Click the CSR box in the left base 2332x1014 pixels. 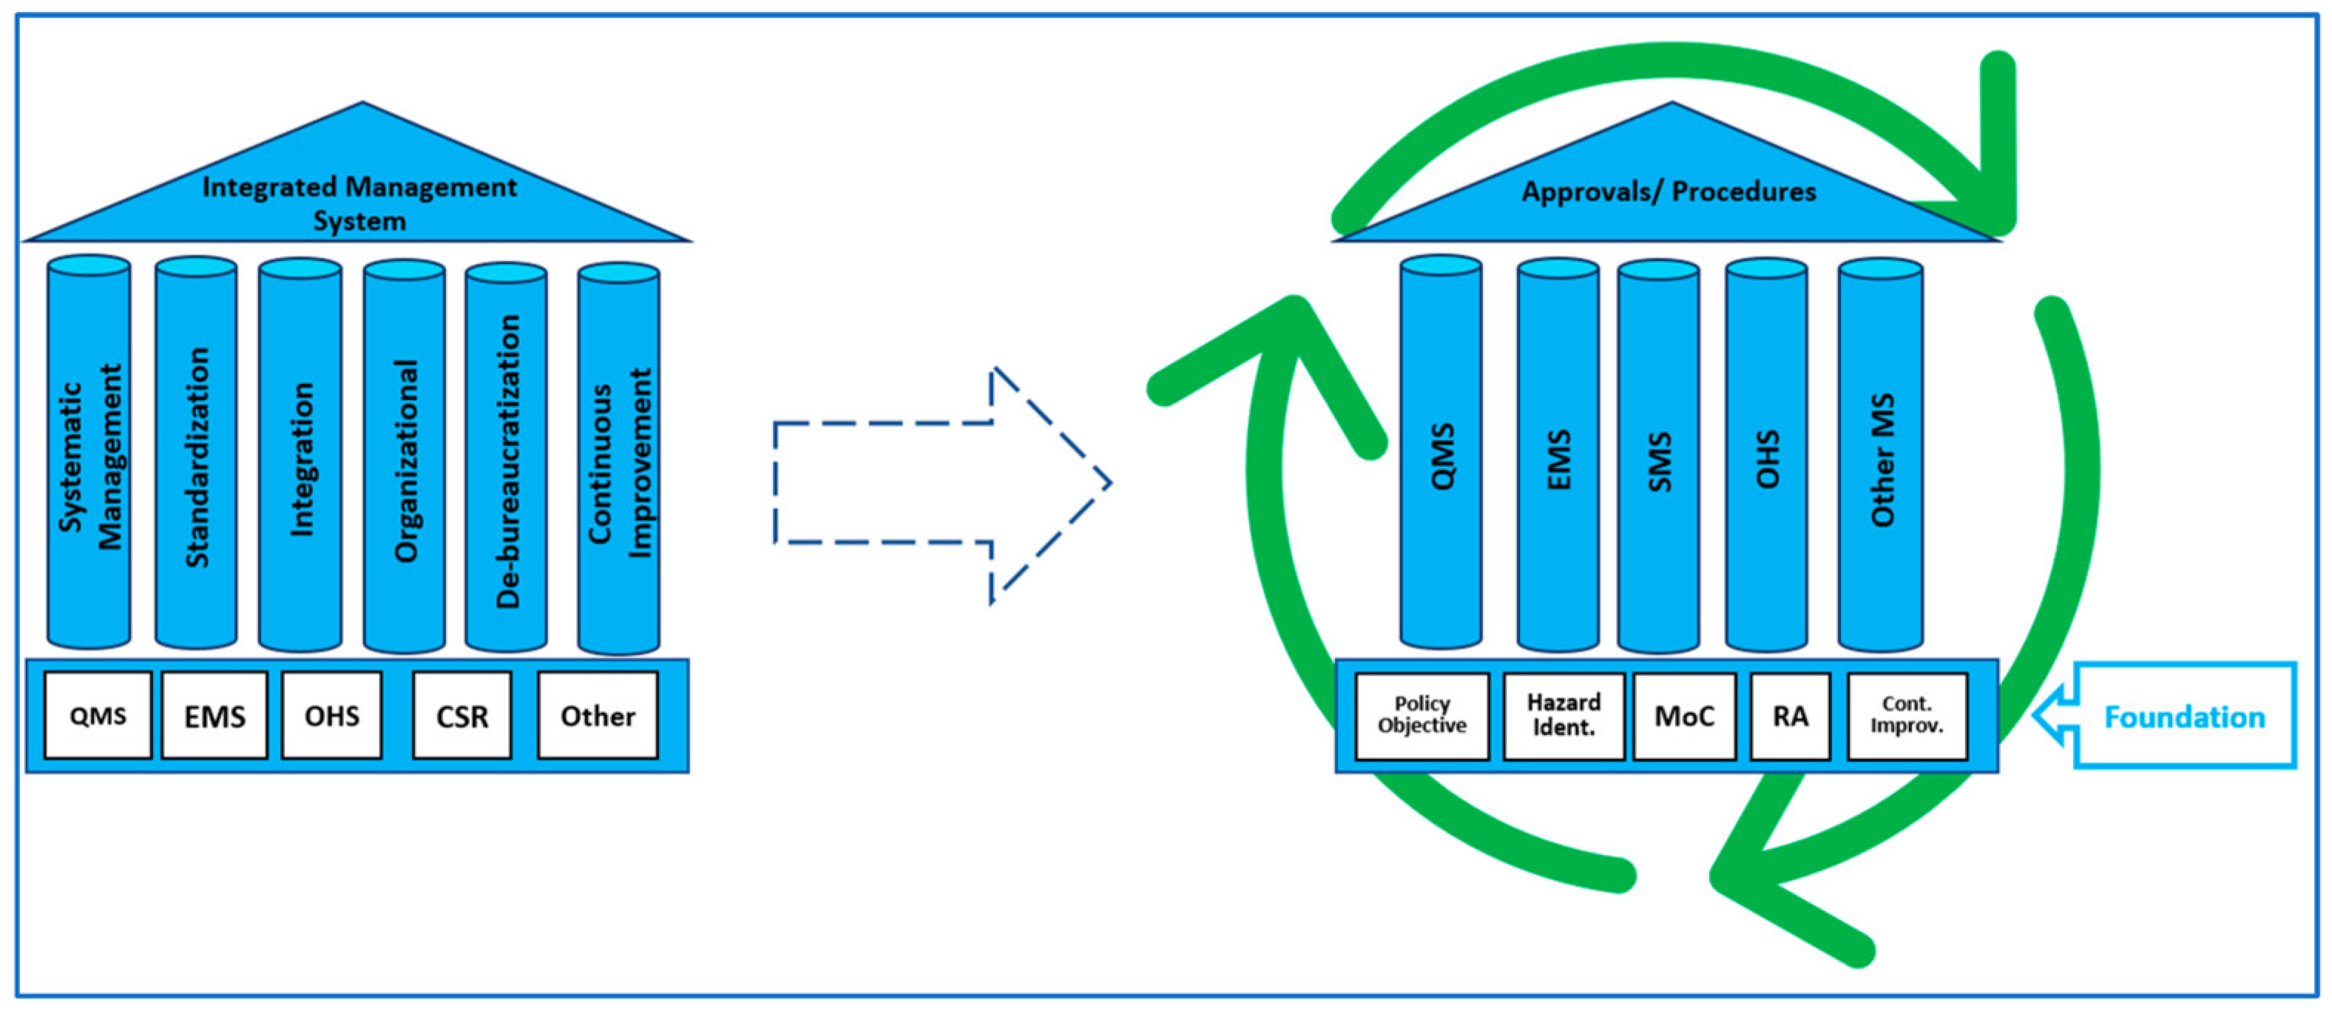coord(462,715)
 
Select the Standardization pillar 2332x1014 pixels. coord(197,457)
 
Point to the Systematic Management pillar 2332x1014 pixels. coord(89,457)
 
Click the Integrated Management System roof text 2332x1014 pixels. coord(359,203)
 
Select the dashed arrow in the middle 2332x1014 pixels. coord(942,484)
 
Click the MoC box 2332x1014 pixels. coord(1684,716)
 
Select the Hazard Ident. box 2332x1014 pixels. coord(1564,715)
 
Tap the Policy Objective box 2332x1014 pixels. coord(1422,715)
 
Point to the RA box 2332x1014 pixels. coord(1790,716)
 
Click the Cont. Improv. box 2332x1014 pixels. coord(1907,715)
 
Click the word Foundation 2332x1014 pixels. coord(2183,717)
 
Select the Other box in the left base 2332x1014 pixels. coord(598,715)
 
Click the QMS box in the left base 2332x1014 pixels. coord(98,715)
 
